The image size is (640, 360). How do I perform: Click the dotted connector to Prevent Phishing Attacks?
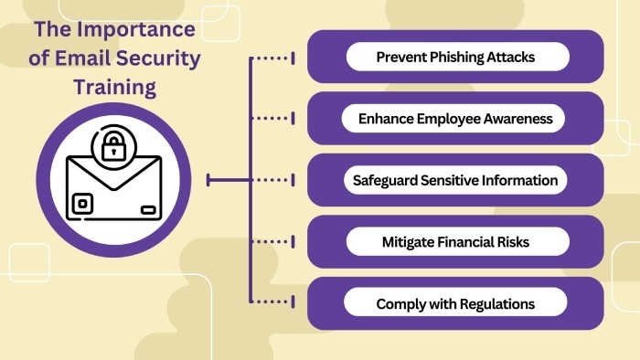(x=272, y=58)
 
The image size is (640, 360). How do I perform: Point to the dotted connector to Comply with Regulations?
(x=272, y=302)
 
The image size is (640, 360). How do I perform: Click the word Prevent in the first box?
(x=400, y=57)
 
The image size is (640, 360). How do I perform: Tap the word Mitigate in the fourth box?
(x=409, y=242)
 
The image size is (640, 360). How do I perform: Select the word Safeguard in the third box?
(x=384, y=180)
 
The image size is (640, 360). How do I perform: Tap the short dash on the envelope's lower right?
(x=148, y=210)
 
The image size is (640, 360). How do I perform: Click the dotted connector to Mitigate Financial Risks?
(x=272, y=240)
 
